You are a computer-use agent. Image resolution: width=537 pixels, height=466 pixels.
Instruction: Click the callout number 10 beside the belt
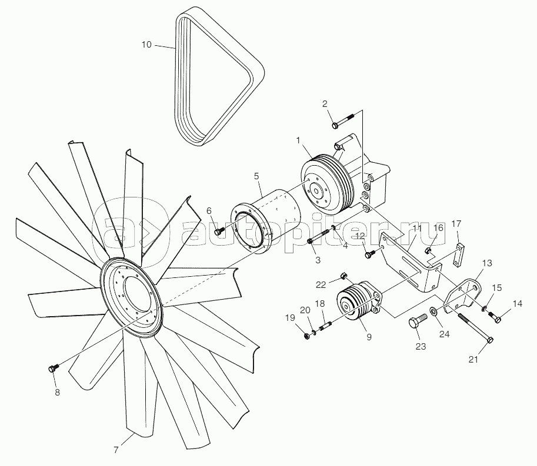(147, 44)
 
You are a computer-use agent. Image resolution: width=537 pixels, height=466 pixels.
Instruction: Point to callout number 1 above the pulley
(299, 140)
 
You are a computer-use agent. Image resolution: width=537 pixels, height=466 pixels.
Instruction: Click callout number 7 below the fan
(116, 450)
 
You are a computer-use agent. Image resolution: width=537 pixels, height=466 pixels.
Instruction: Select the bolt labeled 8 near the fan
(52, 369)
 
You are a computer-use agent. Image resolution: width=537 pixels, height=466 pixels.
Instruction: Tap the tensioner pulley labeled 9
(353, 306)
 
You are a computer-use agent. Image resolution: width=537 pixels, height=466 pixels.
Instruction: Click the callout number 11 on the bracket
(417, 229)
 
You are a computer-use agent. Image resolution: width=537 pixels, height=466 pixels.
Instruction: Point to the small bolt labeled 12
(369, 254)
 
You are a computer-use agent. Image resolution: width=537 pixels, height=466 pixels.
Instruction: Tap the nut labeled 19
(307, 336)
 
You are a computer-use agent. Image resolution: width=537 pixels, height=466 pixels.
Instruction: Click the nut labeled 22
(345, 276)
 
